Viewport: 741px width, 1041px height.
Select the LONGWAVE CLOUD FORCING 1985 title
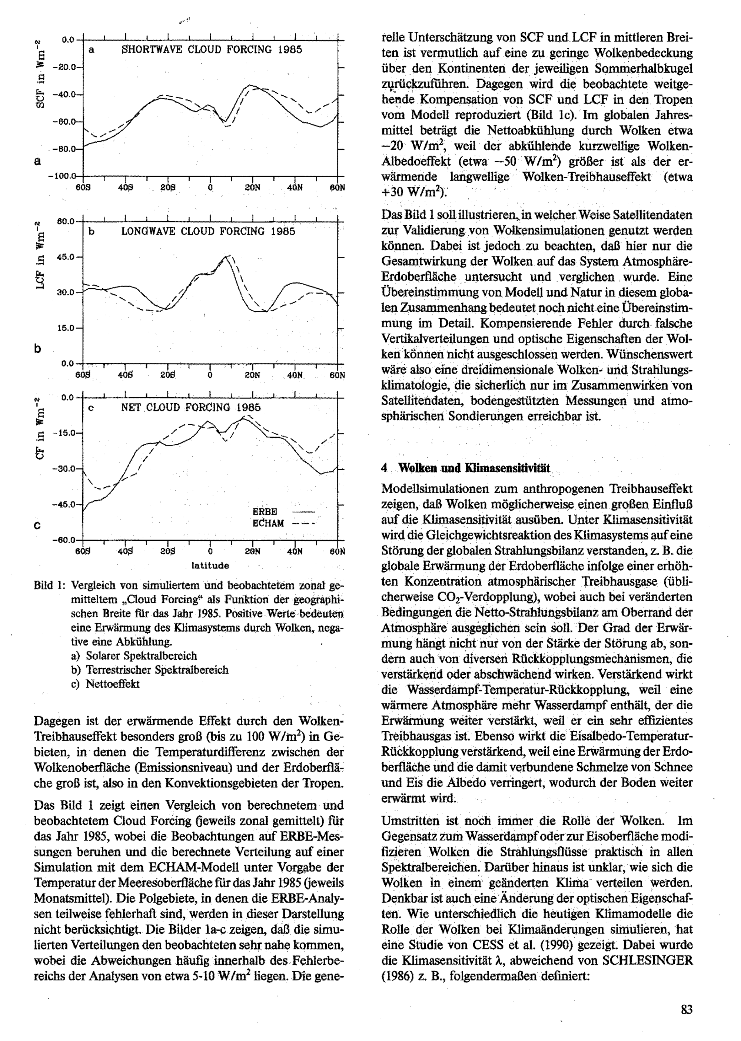[208, 231]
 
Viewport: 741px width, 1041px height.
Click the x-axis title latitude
[210, 566]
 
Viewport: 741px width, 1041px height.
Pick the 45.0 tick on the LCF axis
[65, 257]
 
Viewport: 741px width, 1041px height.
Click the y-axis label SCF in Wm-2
[40, 73]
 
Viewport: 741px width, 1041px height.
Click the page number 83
[686, 1009]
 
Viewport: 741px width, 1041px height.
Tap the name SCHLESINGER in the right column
[648, 960]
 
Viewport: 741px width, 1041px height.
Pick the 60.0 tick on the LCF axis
[65, 221]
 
